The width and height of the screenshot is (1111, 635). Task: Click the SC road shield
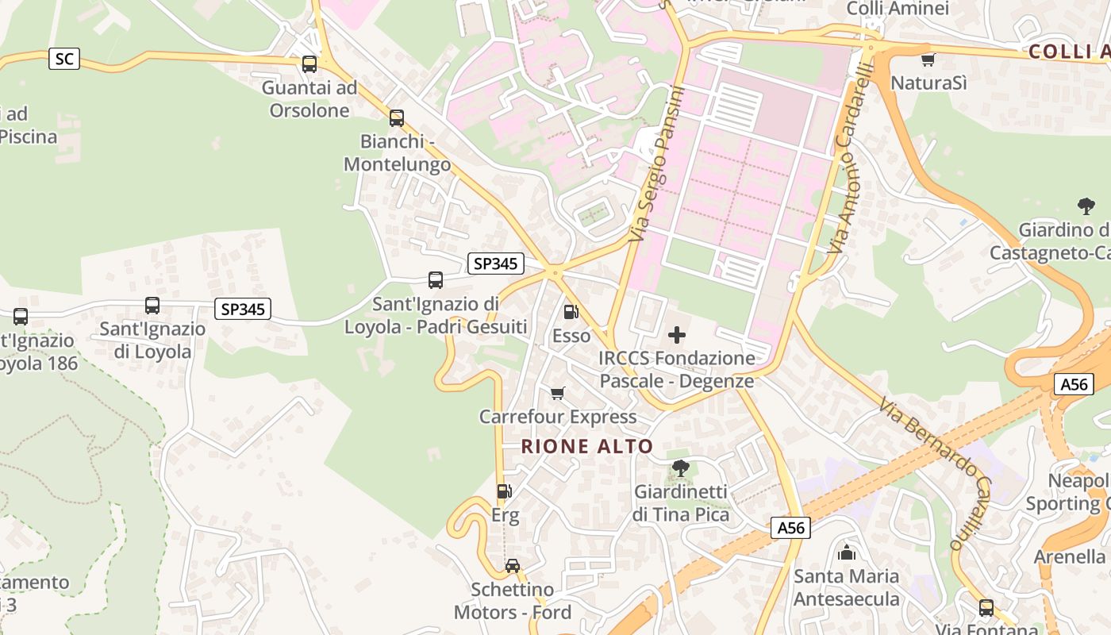(x=64, y=59)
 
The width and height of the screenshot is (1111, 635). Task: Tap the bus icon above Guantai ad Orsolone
(x=309, y=64)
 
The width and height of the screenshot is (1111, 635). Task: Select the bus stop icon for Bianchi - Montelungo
(x=397, y=118)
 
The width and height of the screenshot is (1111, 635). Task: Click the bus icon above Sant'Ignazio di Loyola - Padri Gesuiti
(x=436, y=280)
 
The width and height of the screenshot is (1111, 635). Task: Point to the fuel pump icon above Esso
(x=571, y=313)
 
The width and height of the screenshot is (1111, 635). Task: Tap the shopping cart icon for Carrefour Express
(x=558, y=394)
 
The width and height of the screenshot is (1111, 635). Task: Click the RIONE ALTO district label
(x=587, y=446)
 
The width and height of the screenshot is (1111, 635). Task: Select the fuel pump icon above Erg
(x=504, y=492)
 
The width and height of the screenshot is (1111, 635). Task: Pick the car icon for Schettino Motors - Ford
(x=513, y=566)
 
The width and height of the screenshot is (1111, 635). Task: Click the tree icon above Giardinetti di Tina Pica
(x=680, y=468)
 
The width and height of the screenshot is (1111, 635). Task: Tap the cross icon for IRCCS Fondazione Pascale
(x=677, y=335)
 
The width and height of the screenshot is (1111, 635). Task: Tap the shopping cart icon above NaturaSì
(x=928, y=60)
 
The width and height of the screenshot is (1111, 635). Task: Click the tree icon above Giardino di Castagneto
(x=1086, y=207)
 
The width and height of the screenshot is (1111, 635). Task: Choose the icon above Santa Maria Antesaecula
(x=847, y=552)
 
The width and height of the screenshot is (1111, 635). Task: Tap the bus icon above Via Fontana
(x=986, y=608)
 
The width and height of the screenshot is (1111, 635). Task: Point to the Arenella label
(x=1069, y=556)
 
